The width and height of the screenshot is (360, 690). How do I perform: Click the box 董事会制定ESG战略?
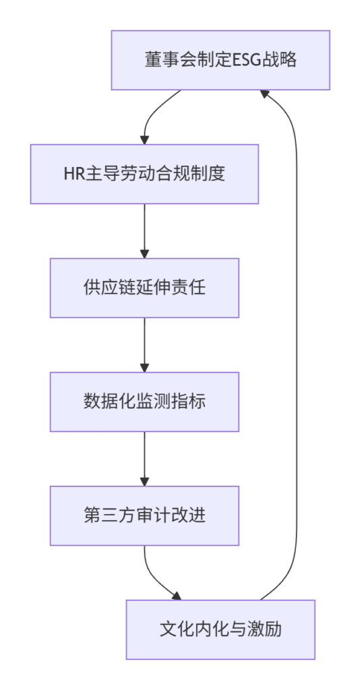[220, 60]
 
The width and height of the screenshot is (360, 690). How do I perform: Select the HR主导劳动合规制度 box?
[144, 175]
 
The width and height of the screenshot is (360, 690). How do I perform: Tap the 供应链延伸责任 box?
[144, 288]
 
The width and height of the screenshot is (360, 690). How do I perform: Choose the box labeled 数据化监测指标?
[144, 402]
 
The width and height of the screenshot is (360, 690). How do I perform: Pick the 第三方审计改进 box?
[144, 515]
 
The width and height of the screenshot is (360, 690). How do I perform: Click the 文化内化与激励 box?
[220, 630]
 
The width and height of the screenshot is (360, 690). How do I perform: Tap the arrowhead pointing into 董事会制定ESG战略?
[265, 94]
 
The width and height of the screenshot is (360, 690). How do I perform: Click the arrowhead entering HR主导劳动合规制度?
[144, 139]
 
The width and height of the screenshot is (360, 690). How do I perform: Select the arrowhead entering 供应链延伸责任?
[144, 253]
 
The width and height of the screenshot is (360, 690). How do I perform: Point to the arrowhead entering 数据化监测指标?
[144, 367]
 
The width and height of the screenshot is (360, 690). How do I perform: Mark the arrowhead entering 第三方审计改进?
[144, 481]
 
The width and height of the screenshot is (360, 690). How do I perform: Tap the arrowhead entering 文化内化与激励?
[176, 596]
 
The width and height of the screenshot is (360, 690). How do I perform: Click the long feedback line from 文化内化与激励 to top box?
[297, 343]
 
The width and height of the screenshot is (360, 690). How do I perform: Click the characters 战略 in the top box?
[280, 60]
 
